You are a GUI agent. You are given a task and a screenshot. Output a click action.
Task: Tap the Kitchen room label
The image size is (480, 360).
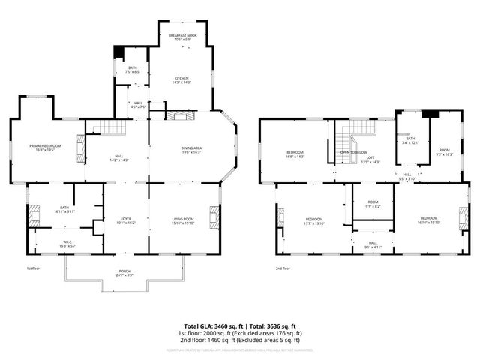(x=182, y=80)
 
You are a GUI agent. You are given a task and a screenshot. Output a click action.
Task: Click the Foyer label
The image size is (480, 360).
(x=127, y=220)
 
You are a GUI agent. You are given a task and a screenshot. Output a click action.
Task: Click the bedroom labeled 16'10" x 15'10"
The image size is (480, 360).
(x=429, y=220)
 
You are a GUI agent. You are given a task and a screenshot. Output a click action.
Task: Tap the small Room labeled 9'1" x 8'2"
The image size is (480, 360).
(x=373, y=205)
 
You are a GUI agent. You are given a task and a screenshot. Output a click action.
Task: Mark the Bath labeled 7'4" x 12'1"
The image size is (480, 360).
(x=410, y=140)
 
